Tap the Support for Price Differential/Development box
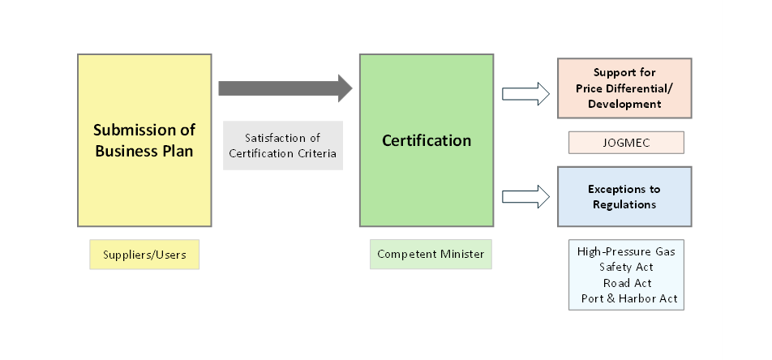click(624, 88)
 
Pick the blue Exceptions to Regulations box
click(624, 196)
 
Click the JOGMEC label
click(625, 143)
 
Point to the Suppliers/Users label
click(144, 255)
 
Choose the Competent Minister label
click(431, 254)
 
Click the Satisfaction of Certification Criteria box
click(283, 145)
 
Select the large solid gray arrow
click(285, 88)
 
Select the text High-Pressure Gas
click(625, 251)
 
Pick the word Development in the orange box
click(625, 104)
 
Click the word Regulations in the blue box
click(624, 204)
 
